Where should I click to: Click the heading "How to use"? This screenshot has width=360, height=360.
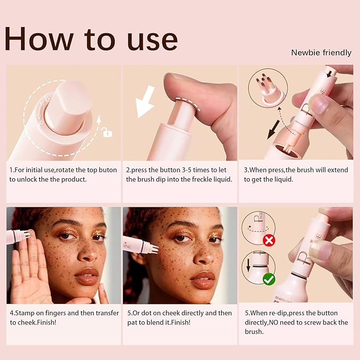click(x=91, y=39)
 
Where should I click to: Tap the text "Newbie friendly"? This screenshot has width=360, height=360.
click(x=321, y=53)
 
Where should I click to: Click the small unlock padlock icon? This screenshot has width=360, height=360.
click(x=107, y=132)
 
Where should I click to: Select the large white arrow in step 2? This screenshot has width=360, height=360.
click(x=145, y=102)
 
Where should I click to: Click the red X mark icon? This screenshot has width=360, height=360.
click(x=269, y=240)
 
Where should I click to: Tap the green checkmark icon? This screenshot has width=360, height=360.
click(x=269, y=279)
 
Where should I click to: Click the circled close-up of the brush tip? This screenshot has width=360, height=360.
click(x=268, y=88)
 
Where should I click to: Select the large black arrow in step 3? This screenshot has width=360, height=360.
click(x=274, y=130)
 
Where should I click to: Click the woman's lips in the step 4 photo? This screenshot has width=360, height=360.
click(x=87, y=276)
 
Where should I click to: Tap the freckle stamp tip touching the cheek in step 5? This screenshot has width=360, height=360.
click(x=153, y=249)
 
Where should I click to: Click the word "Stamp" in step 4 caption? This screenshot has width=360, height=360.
click(x=24, y=313)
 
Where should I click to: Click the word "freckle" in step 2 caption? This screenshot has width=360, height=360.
click(x=202, y=179)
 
